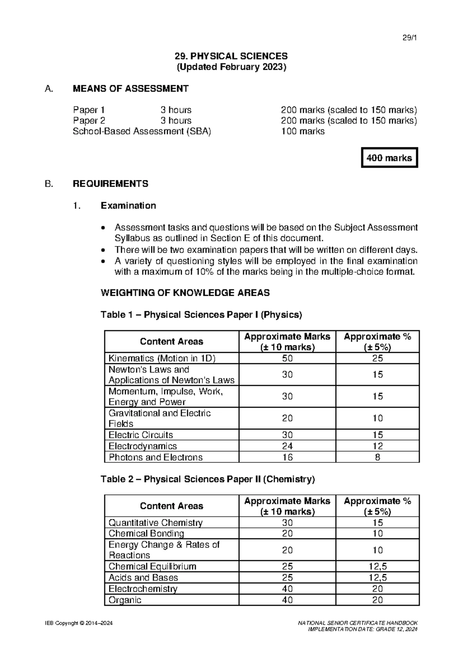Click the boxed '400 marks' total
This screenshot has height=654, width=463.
tap(389, 158)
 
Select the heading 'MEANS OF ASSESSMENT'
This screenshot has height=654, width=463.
tap(130, 89)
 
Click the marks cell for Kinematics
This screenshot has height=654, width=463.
tap(287, 358)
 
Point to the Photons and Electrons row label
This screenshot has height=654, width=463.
tap(155, 457)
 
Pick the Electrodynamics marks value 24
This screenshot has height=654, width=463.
tap(287, 446)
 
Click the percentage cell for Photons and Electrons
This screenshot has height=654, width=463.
tap(377, 457)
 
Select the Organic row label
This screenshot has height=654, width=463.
tap(125, 600)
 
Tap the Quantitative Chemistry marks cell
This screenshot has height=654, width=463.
tap(287, 523)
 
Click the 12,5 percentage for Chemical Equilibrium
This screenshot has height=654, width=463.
tap(377, 566)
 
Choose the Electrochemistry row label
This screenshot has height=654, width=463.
tap(143, 589)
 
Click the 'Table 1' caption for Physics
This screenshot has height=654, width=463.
tap(201, 315)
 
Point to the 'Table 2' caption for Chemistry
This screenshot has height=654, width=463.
tap(208, 479)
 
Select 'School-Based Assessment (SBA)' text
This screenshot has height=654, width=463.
tap(142, 131)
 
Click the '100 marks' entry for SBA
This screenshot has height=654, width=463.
tap(302, 131)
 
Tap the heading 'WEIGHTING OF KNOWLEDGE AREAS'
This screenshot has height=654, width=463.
tap(185, 293)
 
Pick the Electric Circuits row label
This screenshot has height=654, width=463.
tap(141, 435)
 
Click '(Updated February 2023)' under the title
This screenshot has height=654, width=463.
tap(231, 67)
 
